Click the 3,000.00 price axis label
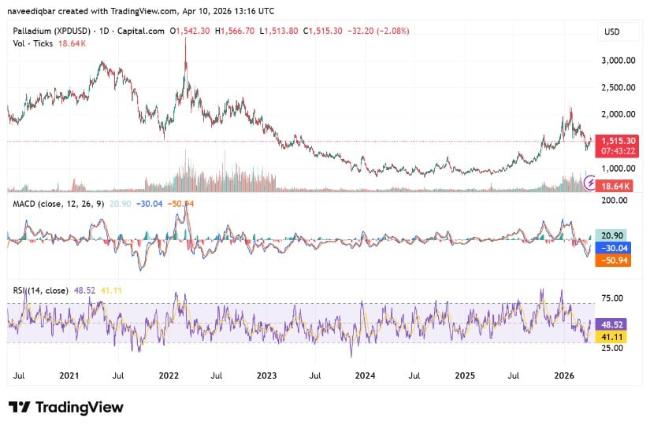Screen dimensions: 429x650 tap(618, 60)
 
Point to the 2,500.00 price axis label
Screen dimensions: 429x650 tap(618, 87)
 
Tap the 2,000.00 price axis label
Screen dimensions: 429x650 tap(618, 114)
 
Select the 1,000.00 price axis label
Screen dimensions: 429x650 tap(618, 168)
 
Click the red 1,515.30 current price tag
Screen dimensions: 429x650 tap(618, 140)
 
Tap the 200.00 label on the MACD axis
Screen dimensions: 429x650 tap(615, 201)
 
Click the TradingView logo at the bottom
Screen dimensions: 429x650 tap(66, 407)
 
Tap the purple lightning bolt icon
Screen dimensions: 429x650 tap(590, 183)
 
